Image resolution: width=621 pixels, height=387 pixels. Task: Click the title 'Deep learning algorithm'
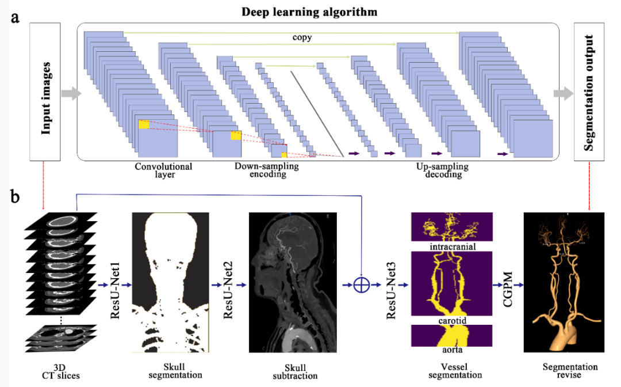pyautogui.click(x=309, y=12)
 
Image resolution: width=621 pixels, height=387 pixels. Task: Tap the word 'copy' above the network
pyautogui.click(x=302, y=37)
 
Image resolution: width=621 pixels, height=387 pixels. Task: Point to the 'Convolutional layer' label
pyautogui.click(x=163, y=170)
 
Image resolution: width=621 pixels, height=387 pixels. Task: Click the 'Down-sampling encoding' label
pyautogui.click(x=267, y=170)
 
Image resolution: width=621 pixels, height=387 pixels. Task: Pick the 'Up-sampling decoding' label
pyautogui.click(x=442, y=170)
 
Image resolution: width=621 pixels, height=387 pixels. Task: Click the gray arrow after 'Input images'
pyautogui.click(x=71, y=93)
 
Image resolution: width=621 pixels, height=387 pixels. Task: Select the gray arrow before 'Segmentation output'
pyautogui.click(x=563, y=93)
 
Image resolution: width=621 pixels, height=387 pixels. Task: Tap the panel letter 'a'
pyautogui.click(x=15, y=18)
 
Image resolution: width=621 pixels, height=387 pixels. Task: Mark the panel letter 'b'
pyautogui.click(x=15, y=196)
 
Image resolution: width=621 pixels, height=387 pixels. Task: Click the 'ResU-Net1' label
pyautogui.click(x=115, y=290)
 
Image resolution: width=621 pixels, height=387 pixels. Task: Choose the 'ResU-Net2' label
pyautogui.click(x=228, y=290)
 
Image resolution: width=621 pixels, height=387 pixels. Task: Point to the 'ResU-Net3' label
pyautogui.click(x=391, y=290)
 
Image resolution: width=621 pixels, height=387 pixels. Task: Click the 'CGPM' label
pyautogui.click(x=508, y=289)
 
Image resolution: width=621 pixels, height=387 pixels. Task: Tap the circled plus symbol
pyautogui.click(x=362, y=284)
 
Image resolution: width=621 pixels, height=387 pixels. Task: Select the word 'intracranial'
pyautogui.click(x=453, y=246)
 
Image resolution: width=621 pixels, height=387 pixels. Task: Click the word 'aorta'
pyautogui.click(x=453, y=350)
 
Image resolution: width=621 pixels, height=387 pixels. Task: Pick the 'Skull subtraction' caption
pyautogui.click(x=295, y=372)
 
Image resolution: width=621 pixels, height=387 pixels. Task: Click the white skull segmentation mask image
pyautogui.click(x=170, y=282)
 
